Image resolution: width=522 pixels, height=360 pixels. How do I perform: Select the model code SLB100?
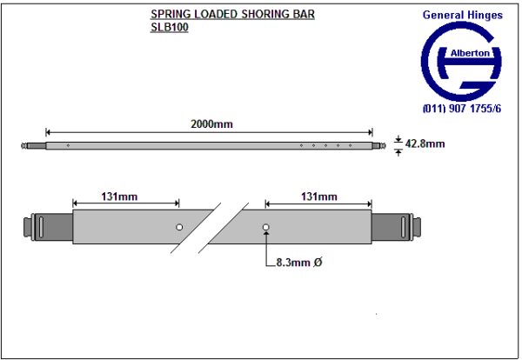[x=169, y=27]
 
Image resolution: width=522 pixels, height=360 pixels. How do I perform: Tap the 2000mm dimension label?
[x=211, y=124]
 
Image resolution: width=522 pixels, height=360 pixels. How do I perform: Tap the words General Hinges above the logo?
[x=461, y=14]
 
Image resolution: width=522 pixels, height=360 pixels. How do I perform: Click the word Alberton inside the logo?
[x=473, y=53]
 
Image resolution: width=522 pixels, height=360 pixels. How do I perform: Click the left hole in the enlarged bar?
[x=178, y=228]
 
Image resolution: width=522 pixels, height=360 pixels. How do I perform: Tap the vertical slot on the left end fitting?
[x=41, y=228]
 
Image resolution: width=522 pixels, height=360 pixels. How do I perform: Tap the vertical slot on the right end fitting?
[x=402, y=228]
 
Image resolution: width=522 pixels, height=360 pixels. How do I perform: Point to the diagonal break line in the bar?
[x=220, y=228]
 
